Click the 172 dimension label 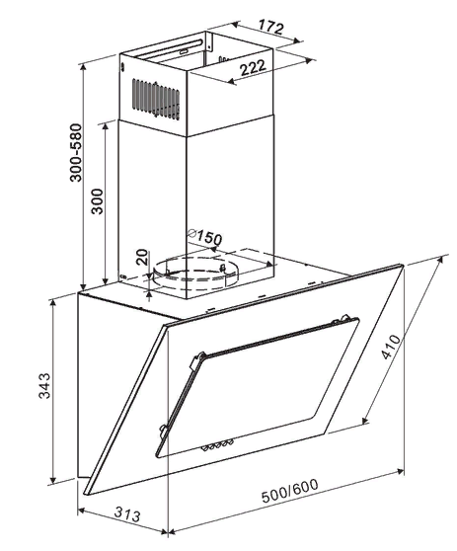270,27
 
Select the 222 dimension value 253,67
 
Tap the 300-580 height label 76,152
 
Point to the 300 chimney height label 97,201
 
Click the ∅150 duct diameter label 204,236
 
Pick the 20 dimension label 142,257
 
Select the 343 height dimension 44,386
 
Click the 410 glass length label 391,348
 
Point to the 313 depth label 127,514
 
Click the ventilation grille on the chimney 156,100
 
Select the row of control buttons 217,444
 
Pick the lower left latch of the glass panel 163,431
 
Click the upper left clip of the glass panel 196,360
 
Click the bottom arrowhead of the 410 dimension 365,420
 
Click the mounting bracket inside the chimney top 208,44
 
